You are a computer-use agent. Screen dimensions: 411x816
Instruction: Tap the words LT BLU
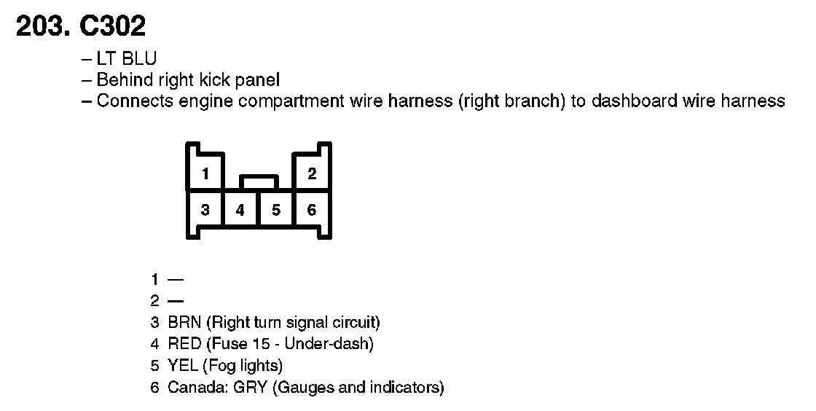tap(126, 59)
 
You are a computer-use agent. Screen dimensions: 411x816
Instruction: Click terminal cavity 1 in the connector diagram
tap(206, 173)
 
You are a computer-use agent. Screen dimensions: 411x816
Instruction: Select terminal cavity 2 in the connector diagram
tap(312, 173)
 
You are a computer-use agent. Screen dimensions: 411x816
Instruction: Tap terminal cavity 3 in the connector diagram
tap(206, 210)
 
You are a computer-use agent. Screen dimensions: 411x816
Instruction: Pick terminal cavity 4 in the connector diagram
tap(240, 210)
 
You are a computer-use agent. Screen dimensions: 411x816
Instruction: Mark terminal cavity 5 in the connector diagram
tap(276, 210)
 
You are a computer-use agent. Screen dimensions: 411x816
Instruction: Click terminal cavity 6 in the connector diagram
tap(312, 210)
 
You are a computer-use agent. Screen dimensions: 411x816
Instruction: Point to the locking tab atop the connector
tap(259, 180)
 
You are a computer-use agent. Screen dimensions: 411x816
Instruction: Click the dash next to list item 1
tap(176, 279)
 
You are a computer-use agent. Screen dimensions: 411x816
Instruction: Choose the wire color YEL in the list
tap(184, 365)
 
